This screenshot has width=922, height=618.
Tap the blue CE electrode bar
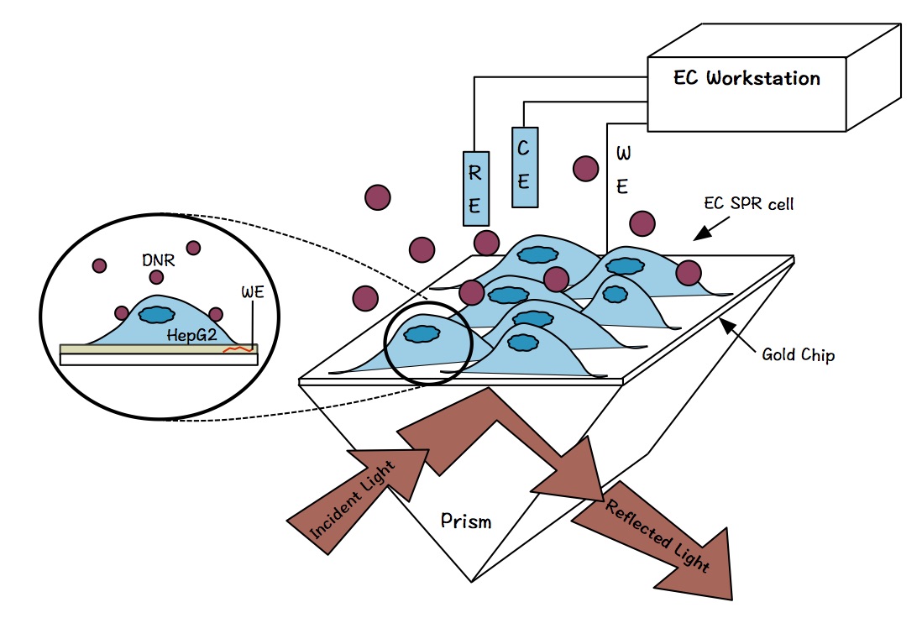(523, 167)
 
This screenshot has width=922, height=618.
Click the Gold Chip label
(798, 355)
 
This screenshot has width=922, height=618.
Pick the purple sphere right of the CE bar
(584, 168)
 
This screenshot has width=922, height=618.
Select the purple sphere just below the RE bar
(486, 243)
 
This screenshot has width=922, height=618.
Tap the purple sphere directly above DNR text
(194, 247)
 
